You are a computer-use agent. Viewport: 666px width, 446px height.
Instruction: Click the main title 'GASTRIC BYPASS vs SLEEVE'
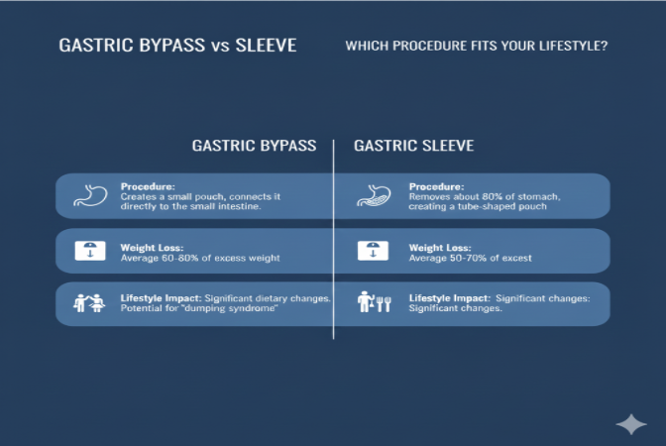(x=177, y=46)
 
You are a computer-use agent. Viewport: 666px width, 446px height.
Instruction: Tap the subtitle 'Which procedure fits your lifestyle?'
(x=476, y=46)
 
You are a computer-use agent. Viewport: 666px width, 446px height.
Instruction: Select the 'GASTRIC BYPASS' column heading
(x=254, y=146)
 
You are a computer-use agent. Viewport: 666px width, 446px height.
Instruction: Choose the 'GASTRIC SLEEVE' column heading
(x=413, y=146)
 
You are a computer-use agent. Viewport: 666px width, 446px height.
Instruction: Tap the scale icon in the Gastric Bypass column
(x=89, y=251)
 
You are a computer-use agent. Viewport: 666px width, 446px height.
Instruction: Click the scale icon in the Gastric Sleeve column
(x=373, y=251)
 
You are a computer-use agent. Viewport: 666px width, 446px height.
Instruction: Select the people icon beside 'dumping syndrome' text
(x=89, y=303)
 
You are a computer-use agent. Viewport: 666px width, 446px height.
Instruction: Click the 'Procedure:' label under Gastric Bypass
(x=148, y=185)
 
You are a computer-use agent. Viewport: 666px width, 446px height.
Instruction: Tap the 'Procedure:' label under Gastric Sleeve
(x=436, y=185)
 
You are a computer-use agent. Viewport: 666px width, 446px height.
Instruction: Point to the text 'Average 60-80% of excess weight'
(x=200, y=258)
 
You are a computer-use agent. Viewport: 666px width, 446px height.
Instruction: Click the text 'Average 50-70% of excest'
(x=471, y=258)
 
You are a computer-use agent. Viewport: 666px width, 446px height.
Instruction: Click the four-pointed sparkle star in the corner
(x=631, y=423)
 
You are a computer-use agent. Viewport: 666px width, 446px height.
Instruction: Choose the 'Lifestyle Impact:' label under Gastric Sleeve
(x=449, y=297)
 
